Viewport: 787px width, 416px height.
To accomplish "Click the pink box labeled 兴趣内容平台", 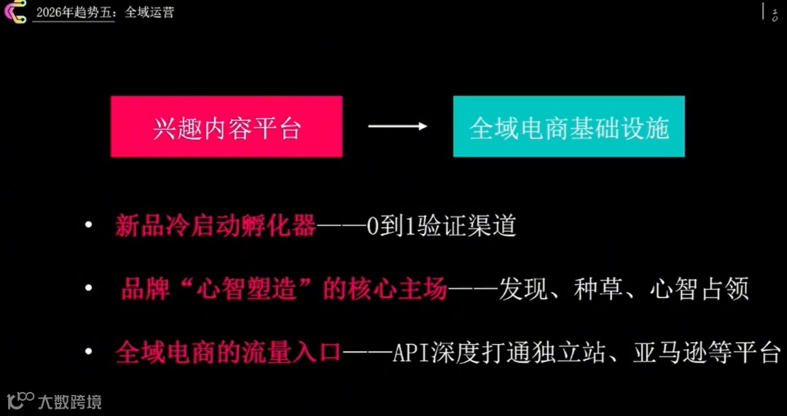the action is coord(227,127).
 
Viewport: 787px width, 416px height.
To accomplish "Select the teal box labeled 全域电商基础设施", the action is coord(568,127).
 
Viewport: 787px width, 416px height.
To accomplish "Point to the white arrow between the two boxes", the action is coord(397,127).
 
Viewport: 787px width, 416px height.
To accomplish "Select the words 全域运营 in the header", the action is coord(149,12).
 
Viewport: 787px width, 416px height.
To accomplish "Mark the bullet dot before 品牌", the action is coord(88,290).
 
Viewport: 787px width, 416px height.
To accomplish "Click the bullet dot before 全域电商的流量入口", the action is coord(88,353).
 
